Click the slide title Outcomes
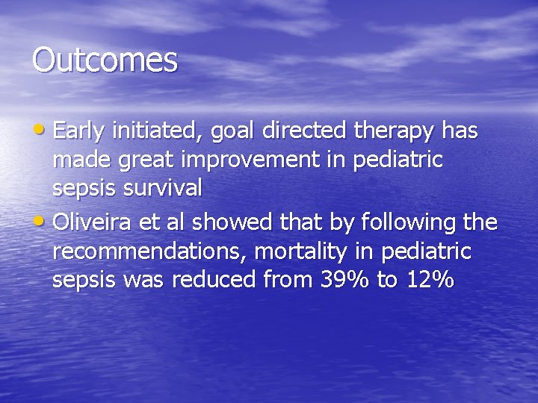(x=105, y=60)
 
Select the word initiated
(x=158, y=132)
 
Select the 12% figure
(x=431, y=280)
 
